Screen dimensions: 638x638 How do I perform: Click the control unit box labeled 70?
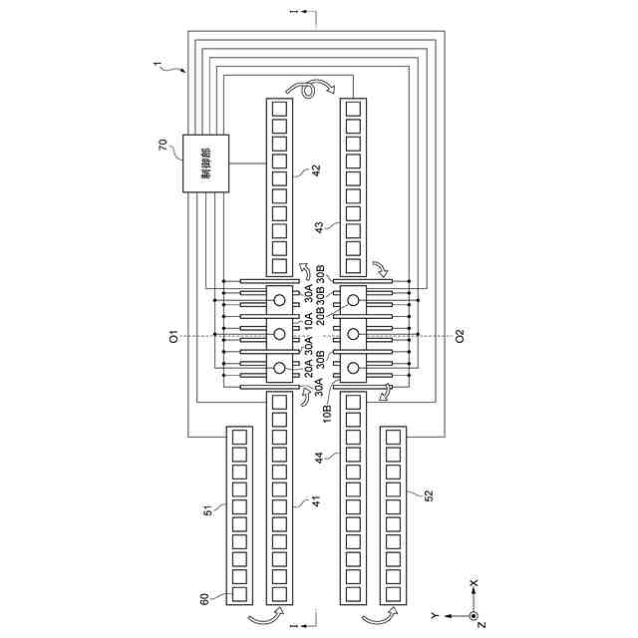click(x=202, y=161)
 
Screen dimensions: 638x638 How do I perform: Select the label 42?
click(x=315, y=171)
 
